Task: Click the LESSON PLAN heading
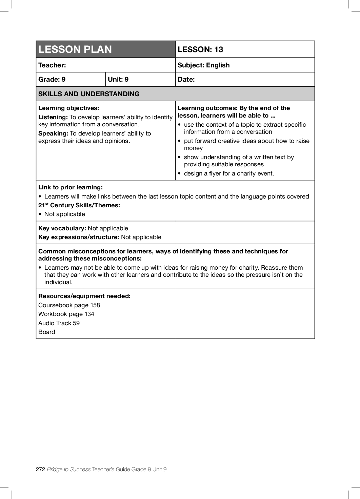click(x=75, y=49)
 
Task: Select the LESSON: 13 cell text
click(x=200, y=49)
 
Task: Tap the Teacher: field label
click(x=52, y=65)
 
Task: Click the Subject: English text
click(x=203, y=65)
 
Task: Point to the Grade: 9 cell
click(x=52, y=79)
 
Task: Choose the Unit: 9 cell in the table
click(x=118, y=79)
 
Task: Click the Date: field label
click(x=186, y=79)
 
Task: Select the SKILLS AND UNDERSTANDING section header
click(x=89, y=94)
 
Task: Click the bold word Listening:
click(x=53, y=117)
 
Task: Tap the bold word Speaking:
click(x=53, y=133)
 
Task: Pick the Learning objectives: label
click(x=68, y=108)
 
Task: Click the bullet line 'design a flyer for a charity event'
click(x=229, y=173)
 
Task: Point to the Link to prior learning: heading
click(x=71, y=187)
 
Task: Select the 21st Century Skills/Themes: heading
click(x=79, y=205)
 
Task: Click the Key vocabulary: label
click(x=62, y=228)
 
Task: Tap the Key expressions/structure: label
click(x=79, y=237)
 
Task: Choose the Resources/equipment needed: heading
click(x=84, y=296)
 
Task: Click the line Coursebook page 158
click(x=69, y=305)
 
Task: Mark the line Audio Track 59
click(x=59, y=323)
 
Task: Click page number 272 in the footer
click(x=40, y=469)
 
